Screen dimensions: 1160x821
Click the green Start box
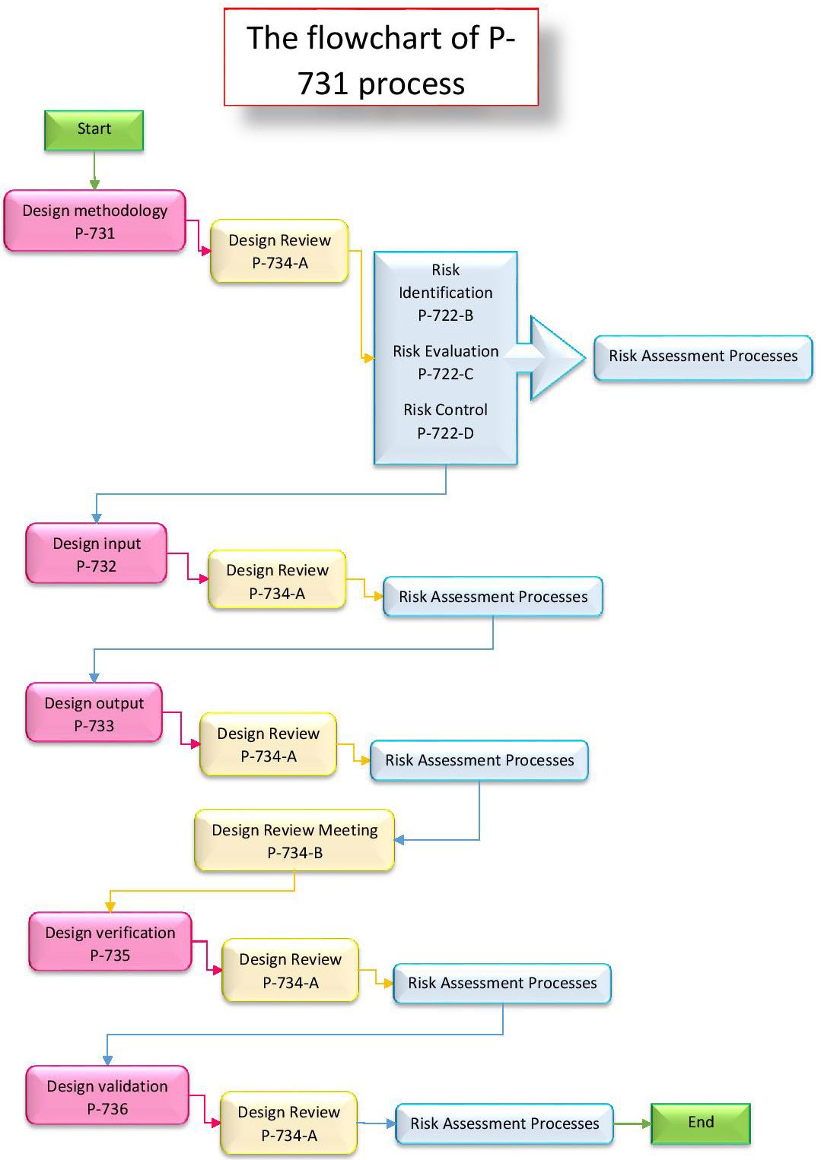click(94, 130)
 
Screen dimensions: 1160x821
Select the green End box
click(700, 1123)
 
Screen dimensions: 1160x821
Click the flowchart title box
click(380, 58)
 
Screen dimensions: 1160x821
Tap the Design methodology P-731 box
click(94, 221)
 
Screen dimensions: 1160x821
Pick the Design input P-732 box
click(96, 554)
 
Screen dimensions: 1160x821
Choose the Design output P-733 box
click(94, 713)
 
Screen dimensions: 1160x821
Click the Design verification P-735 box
click(110, 943)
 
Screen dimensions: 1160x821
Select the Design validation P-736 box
click(107, 1096)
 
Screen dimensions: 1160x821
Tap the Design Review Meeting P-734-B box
click(294, 841)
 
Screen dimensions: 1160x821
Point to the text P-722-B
click(445, 315)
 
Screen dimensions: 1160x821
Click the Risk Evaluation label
click(445, 351)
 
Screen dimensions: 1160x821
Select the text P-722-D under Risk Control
click(445, 433)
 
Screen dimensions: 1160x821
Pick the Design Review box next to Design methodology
click(279, 252)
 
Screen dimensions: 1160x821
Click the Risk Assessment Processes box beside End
click(504, 1124)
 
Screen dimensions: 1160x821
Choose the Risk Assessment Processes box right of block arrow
click(702, 357)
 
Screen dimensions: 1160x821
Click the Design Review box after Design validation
click(288, 1124)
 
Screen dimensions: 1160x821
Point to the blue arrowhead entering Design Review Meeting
click(399, 840)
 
